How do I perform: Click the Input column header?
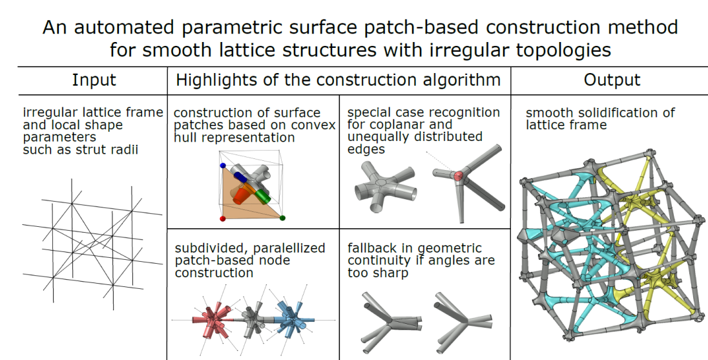coord(94,80)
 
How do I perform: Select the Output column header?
coord(612,80)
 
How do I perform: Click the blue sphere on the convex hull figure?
coord(223,165)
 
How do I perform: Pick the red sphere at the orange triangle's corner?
coord(223,219)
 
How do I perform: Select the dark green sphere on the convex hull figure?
coord(283,218)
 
